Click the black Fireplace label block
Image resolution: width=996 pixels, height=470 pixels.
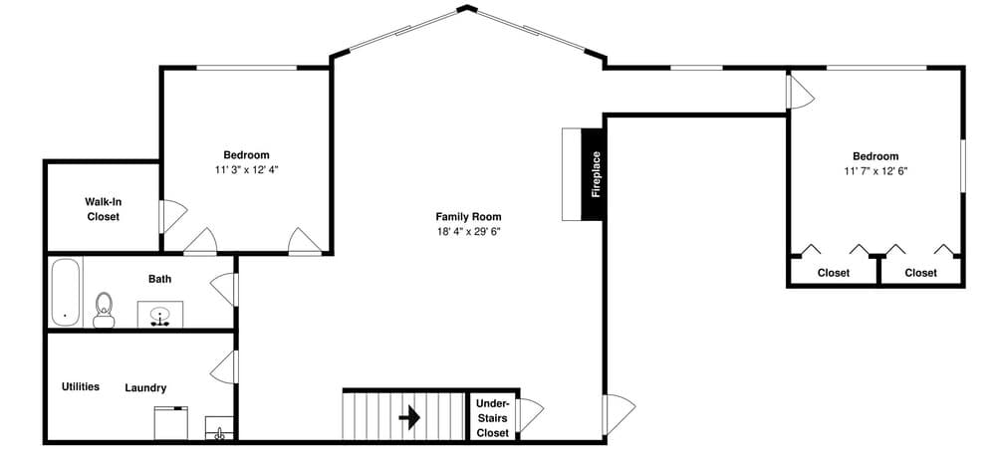click(x=594, y=174)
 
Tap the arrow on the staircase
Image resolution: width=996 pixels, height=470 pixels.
click(x=408, y=416)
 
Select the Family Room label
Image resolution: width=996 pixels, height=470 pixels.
click(x=468, y=216)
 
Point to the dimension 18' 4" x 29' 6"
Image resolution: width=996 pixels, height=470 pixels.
click(x=468, y=232)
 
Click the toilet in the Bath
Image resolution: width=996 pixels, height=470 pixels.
click(x=103, y=310)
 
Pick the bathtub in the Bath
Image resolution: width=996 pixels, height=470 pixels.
click(x=66, y=291)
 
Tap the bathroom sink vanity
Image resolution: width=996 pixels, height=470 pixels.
click(x=158, y=315)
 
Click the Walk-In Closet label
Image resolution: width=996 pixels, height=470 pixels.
click(x=103, y=209)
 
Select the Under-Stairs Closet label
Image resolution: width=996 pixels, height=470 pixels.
click(x=492, y=418)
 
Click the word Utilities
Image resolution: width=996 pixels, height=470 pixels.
click(x=80, y=386)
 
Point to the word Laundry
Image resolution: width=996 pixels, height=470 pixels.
click(x=145, y=387)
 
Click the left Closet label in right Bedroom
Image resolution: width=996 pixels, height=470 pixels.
click(x=834, y=273)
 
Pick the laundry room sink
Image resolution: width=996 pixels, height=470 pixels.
click(x=220, y=431)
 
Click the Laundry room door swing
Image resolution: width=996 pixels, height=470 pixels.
click(x=224, y=366)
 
